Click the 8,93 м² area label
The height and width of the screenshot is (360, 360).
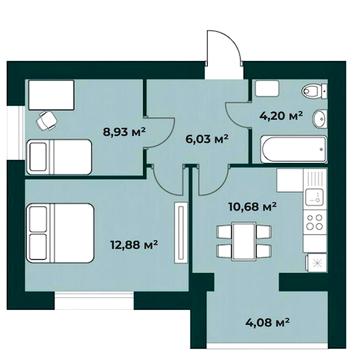(125, 132)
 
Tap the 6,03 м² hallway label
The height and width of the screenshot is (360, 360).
(207, 138)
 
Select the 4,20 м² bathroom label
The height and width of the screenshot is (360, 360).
(281, 116)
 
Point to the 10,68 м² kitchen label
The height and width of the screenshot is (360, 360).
(252, 207)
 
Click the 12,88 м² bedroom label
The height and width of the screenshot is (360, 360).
(134, 246)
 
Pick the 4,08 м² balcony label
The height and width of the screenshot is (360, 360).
(267, 322)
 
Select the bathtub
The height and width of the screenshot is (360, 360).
(294, 149)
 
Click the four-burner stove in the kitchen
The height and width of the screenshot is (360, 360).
(315, 222)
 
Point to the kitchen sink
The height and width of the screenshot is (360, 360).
(315, 197)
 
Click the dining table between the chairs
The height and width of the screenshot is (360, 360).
(244, 240)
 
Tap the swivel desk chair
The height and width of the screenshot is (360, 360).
(46, 120)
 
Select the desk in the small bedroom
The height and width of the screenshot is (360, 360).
(51, 95)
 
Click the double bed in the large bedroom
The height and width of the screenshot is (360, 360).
(60, 233)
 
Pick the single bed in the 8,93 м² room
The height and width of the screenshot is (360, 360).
(59, 157)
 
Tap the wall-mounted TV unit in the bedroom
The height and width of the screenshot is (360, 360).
(181, 233)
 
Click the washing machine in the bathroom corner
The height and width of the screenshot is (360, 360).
(267, 89)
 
